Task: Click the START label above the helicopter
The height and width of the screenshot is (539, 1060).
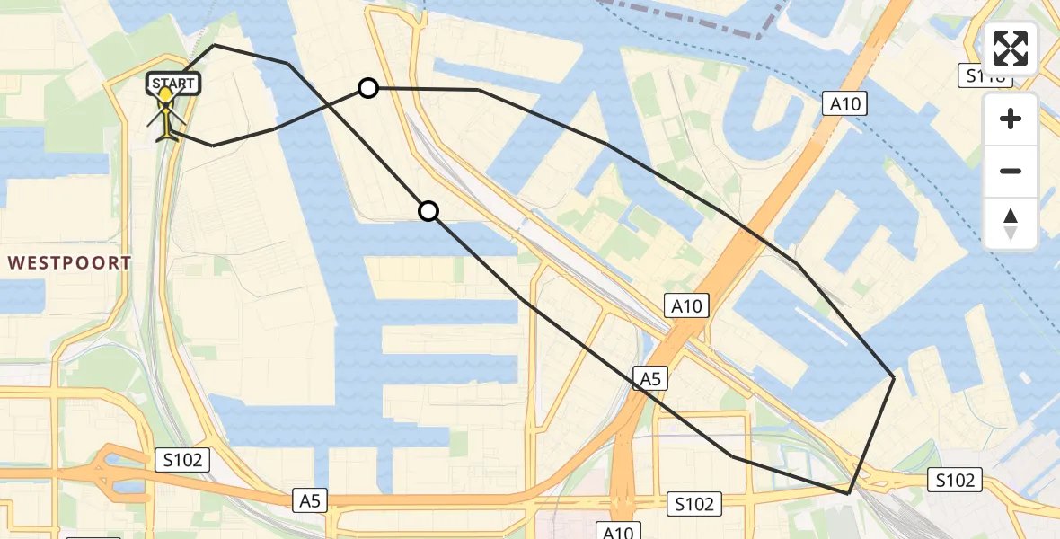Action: (x=172, y=84)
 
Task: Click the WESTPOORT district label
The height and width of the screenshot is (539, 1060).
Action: (x=70, y=263)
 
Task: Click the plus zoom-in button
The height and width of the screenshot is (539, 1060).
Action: (x=1011, y=119)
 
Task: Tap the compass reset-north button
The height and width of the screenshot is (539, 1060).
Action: (x=1011, y=224)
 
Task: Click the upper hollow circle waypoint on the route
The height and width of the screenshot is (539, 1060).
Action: (x=367, y=88)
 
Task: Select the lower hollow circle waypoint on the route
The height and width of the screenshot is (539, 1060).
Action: (x=428, y=211)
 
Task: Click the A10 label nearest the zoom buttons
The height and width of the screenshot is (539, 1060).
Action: (x=844, y=104)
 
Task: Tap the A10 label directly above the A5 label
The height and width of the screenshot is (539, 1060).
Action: (x=687, y=306)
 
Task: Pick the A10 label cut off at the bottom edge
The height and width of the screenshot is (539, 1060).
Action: (x=619, y=532)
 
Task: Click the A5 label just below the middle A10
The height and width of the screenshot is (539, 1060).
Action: (x=650, y=379)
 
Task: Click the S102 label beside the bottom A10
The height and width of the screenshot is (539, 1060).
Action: (x=695, y=504)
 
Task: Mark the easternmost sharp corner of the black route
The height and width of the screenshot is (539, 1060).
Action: (x=894, y=377)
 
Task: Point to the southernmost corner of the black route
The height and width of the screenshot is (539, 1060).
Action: (x=848, y=493)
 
